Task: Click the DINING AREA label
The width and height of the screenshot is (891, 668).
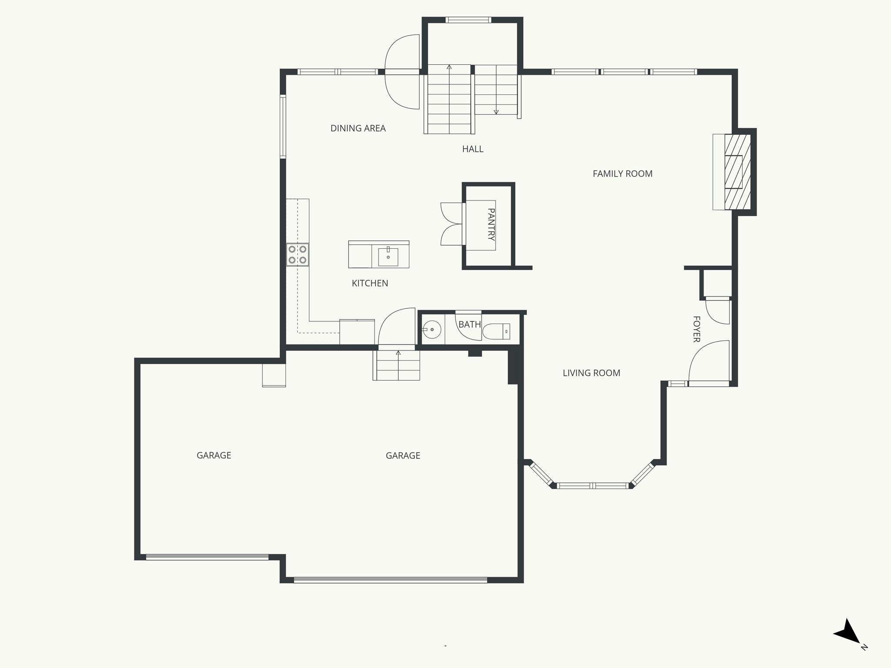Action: [358, 128]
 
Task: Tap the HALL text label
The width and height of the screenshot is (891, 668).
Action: [472, 149]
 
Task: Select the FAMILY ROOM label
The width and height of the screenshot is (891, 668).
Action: [622, 174]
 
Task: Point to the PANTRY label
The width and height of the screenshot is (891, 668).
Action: [491, 224]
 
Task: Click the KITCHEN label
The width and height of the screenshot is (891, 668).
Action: [370, 284]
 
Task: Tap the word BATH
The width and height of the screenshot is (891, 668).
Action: [469, 324]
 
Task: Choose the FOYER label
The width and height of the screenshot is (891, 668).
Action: [696, 329]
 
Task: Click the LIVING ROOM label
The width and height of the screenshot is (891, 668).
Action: [591, 373]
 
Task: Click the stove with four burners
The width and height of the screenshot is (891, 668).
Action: [298, 255]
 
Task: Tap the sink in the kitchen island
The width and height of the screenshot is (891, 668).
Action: [388, 257]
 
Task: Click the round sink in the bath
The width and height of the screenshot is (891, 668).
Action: [432, 330]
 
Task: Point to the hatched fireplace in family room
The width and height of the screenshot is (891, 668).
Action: [737, 172]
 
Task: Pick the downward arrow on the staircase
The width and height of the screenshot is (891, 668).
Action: [496, 112]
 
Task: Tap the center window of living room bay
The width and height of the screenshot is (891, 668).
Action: [593, 486]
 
